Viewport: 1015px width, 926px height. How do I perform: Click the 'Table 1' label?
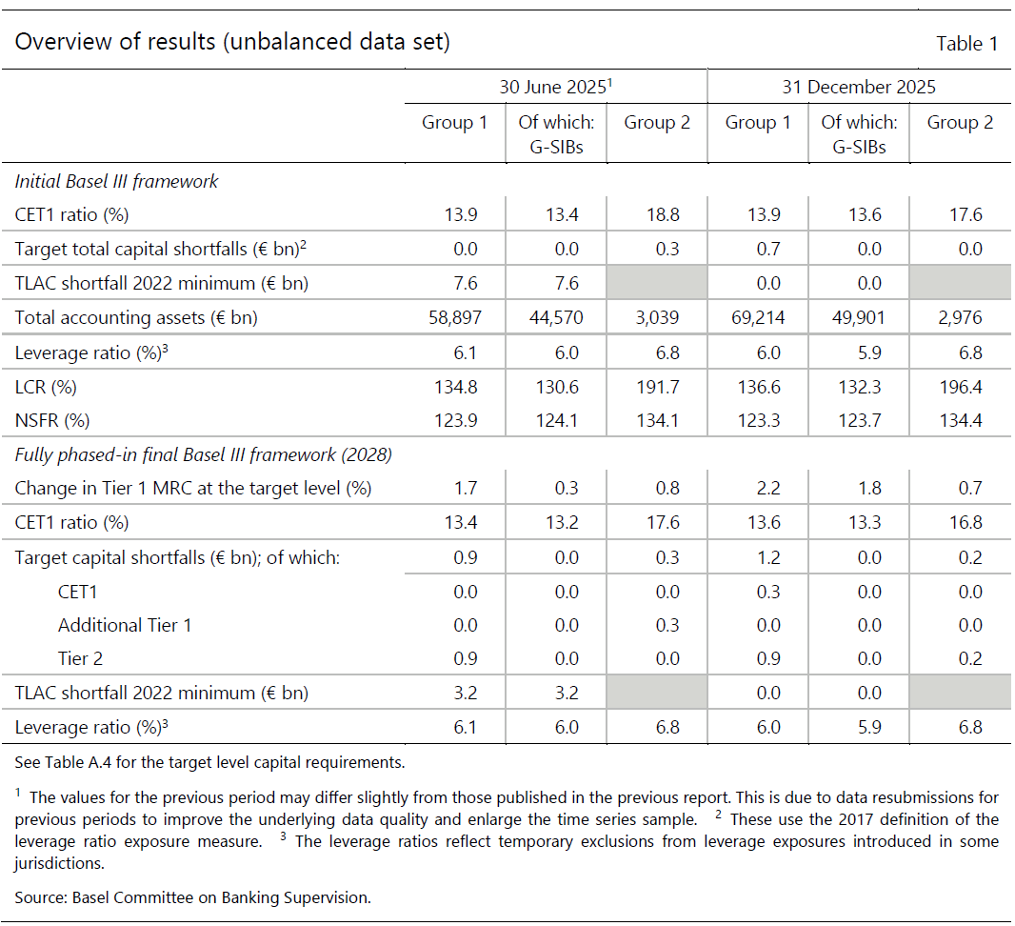click(x=966, y=44)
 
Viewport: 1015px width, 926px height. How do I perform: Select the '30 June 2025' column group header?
click(x=555, y=86)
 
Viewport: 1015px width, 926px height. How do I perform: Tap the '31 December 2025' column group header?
click(x=858, y=87)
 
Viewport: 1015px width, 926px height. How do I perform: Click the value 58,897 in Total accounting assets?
click(x=455, y=317)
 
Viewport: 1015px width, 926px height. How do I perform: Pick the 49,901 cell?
click(x=858, y=317)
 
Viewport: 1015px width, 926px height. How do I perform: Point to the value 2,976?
click(x=960, y=317)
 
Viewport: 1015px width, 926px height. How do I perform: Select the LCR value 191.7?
click(x=658, y=387)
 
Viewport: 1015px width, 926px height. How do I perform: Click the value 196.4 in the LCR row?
click(x=961, y=387)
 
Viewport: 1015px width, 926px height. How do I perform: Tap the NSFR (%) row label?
click(x=51, y=420)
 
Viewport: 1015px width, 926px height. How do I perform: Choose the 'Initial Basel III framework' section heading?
click(x=116, y=181)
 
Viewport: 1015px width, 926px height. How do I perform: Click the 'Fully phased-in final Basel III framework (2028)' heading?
click(x=203, y=454)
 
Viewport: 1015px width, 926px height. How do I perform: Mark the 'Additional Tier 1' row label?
click(x=125, y=625)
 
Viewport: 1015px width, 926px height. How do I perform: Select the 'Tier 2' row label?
click(x=80, y=658)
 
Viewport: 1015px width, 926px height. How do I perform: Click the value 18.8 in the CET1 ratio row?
click(x=663, y=214)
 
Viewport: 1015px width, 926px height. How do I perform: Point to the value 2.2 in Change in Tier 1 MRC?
click(x=768, y=488)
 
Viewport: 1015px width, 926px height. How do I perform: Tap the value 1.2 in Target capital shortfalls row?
click(x=768, y=557)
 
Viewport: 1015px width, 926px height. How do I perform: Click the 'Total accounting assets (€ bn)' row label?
click(x=136, y=317)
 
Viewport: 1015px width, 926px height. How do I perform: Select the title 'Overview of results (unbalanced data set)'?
click(x=232, y=42)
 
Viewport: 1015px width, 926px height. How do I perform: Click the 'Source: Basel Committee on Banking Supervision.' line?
click(x=193, y=897)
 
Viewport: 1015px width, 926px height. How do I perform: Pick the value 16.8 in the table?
click(x=965, y=522)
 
